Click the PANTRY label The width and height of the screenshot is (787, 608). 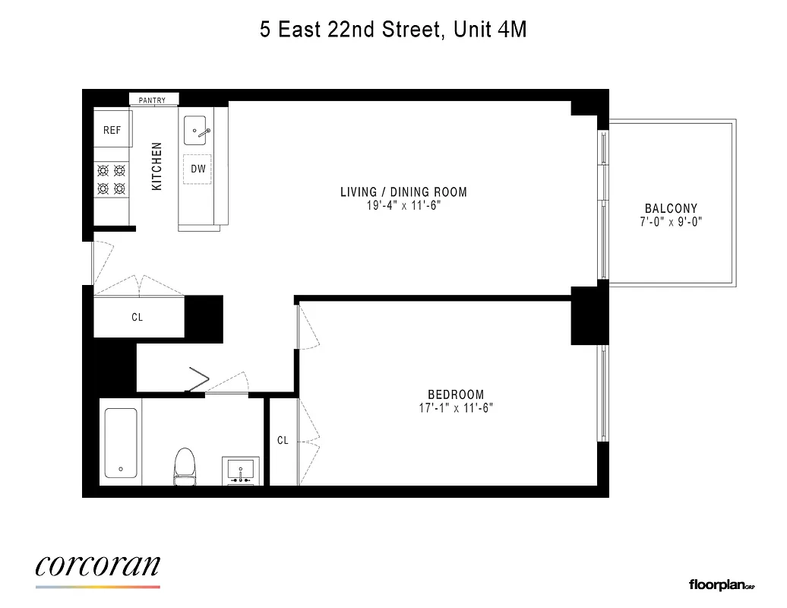(153, 100)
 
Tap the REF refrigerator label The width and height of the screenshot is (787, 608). (112, 131)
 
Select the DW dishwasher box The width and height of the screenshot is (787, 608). (198, 169)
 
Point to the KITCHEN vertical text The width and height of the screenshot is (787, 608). (157, 166)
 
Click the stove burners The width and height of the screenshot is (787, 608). (111, 179)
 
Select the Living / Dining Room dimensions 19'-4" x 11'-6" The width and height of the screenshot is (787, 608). (403, 205)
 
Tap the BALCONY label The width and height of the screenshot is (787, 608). (671, 209)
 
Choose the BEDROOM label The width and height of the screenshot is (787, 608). (456, 394)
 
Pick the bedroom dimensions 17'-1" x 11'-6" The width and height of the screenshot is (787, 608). (456, 407)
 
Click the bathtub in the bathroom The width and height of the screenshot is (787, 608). (121, 443)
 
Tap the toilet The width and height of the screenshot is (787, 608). (185, 465)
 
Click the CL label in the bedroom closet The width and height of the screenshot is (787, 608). (283, 441)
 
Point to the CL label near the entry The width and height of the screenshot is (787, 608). (137, 318)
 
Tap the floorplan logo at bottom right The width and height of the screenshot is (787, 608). (721, 584)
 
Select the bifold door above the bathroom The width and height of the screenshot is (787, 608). (199, 380)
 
